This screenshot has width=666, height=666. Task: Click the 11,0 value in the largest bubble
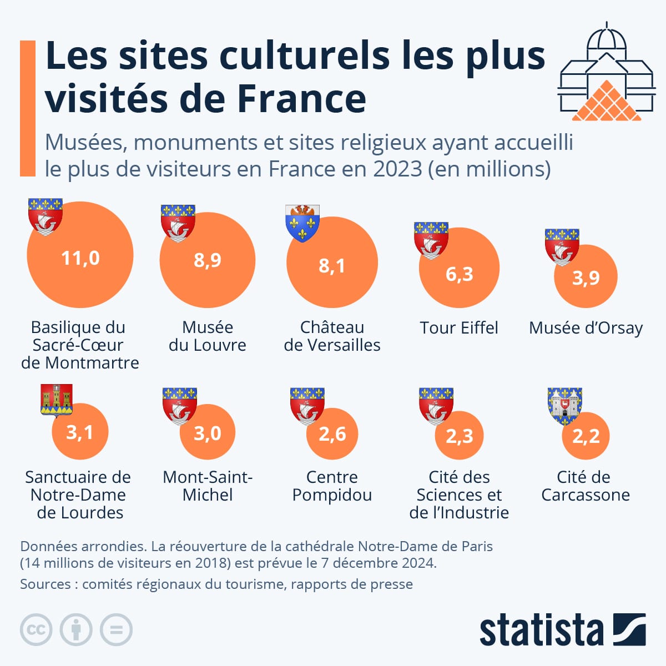[x=80, y=258]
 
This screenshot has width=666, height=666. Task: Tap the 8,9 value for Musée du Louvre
[x=208, y=260]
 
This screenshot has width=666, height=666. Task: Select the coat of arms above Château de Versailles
[x=302, y=223]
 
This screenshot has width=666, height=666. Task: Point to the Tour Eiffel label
[x=459, y=328]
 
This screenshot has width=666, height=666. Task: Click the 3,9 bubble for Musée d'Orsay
[x=586, y=277]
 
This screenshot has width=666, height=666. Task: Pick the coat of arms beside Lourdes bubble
[x=57, y=400]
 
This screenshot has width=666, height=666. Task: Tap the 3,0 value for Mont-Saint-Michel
[x=208, y=433]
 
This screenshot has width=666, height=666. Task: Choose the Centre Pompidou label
[x=332, y=486]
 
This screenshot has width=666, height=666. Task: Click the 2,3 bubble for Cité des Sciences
[x=460, y=436]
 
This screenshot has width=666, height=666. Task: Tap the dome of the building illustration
[x=607, y=39]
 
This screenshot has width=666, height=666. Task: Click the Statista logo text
[x=541, y=630]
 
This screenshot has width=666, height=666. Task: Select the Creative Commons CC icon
[x=36, y=630]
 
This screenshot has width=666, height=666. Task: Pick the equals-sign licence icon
[x=116, y=630]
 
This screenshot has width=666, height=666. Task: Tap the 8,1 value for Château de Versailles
[x=332, y=266]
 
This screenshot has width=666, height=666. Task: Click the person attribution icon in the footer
[x=76, y=630]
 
